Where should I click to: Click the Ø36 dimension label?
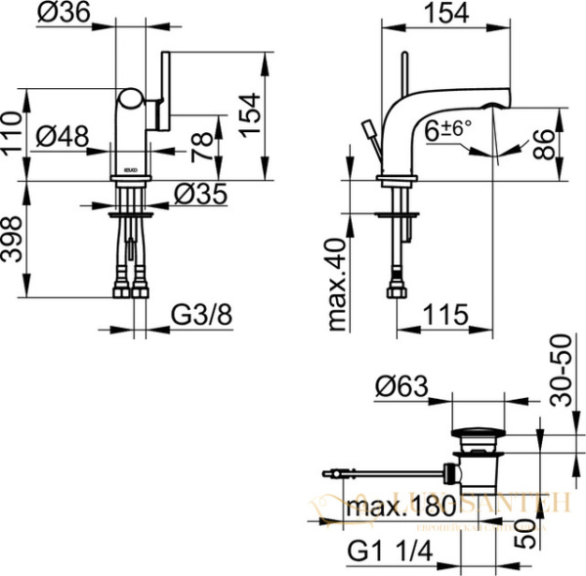(63, 13)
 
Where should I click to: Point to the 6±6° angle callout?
(447, 128)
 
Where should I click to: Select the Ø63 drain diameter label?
(401, 387)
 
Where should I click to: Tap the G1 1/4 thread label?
(388, 554)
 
